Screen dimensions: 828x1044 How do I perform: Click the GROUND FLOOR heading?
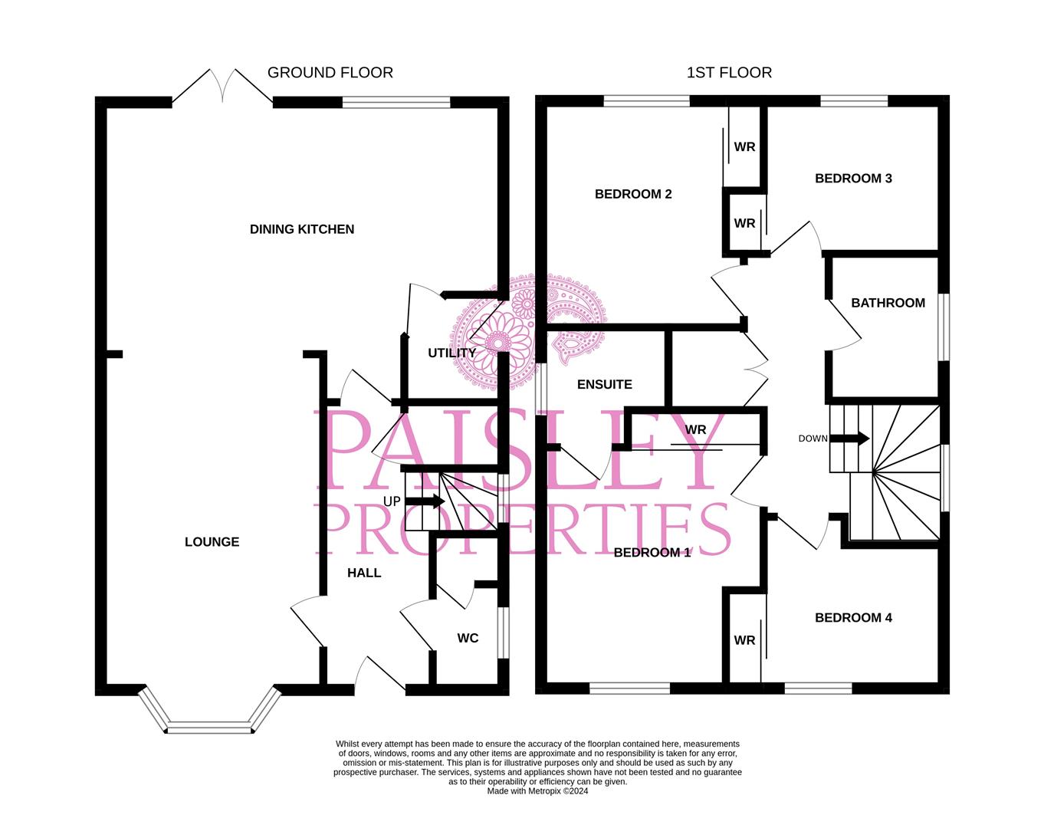pos(330,73)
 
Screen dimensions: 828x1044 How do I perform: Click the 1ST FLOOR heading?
pos(728,73)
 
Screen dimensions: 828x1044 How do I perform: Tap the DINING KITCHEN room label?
pos(302,229)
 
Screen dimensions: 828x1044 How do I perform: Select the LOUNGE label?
pos(212,542)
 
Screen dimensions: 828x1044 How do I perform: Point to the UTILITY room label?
pos(451,353)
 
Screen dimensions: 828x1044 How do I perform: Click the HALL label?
pos(364,573)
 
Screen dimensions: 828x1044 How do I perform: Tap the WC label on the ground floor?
pos(468,638)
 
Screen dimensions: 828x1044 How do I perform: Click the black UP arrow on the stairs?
pos(427,501)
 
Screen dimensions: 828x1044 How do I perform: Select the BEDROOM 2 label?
pos(633,194)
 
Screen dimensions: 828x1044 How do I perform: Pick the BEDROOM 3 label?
pos(853,179)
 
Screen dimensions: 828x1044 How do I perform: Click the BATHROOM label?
pos(888,303)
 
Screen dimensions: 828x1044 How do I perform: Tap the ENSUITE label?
pos(605,385)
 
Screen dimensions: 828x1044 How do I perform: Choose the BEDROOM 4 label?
pos(853,618)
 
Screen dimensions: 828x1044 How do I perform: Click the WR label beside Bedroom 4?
pos(744,640)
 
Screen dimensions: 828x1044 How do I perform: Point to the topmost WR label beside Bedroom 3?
pos(744,147)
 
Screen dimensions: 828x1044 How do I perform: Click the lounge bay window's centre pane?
pos(209,726)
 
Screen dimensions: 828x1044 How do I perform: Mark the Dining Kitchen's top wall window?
pos(396,102)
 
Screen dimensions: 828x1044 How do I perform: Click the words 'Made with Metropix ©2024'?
pos(537,791)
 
